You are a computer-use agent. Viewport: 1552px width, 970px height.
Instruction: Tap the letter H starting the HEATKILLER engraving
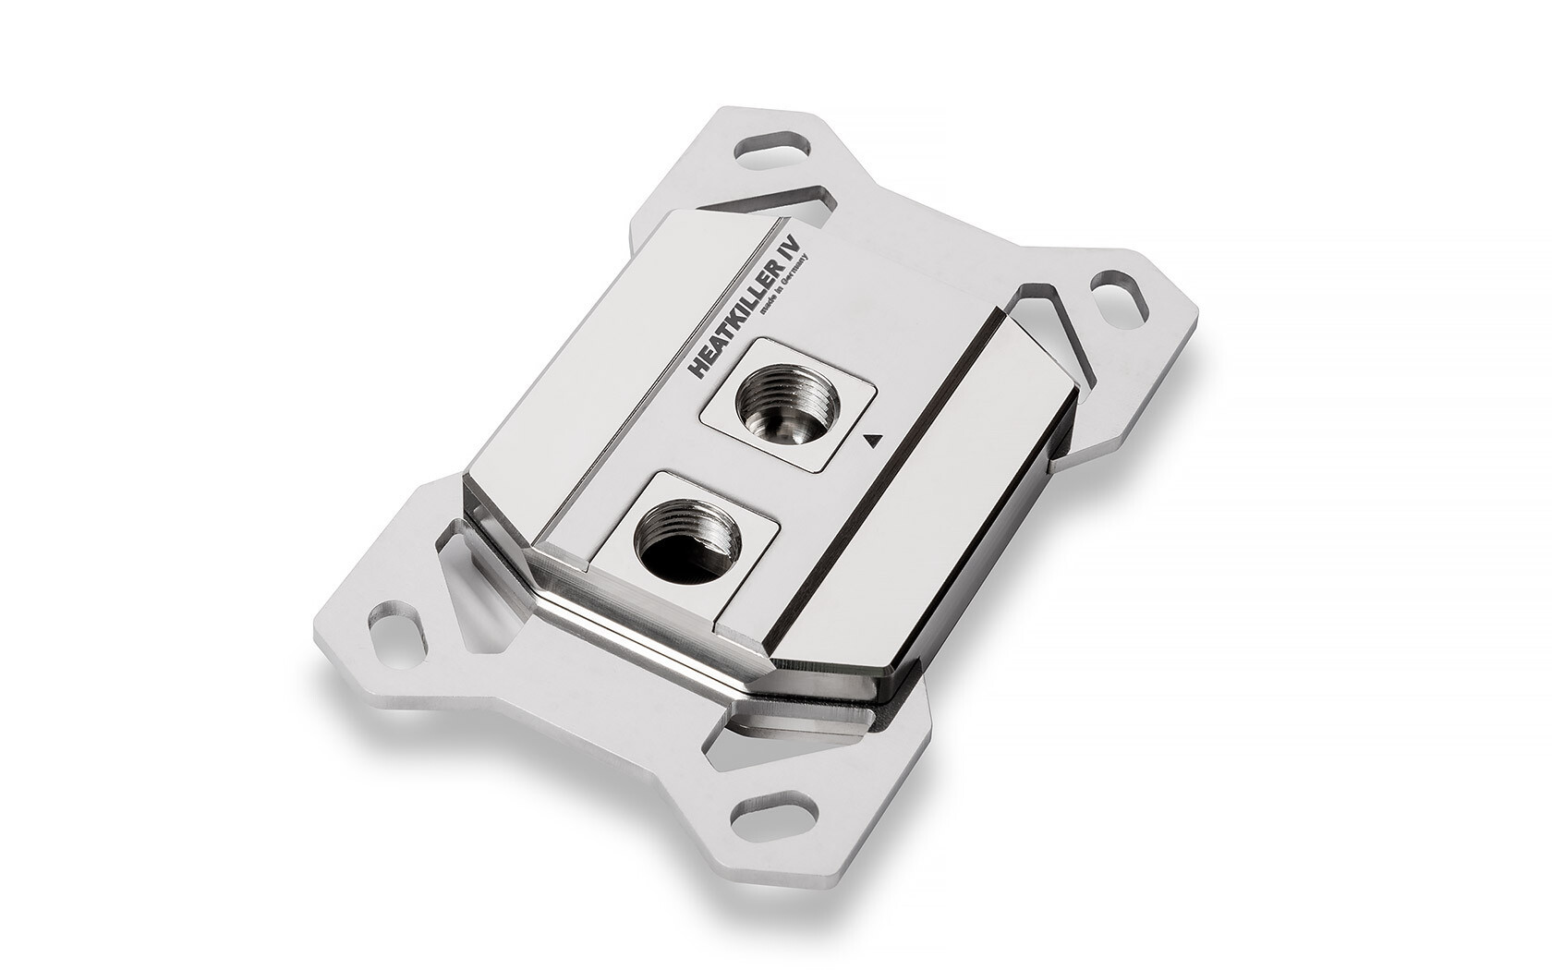pyautogui.click(x=698, y=369)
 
